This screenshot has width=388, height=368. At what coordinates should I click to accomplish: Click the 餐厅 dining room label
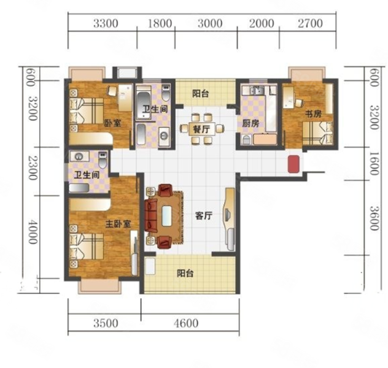[201, 129]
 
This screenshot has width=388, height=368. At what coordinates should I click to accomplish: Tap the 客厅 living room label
[204, 216]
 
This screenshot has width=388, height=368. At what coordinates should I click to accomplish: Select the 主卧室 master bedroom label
[118, 224]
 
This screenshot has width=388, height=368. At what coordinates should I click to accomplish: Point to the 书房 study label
[313, 114]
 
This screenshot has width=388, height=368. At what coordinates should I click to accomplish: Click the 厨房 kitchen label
[250, 123]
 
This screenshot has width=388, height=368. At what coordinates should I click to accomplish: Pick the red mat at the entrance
[293, 164]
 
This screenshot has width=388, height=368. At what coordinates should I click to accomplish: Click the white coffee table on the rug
[167, 216]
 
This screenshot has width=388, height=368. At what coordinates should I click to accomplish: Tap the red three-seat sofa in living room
[151, 215]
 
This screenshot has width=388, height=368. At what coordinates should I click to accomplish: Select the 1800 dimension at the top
[160, 23]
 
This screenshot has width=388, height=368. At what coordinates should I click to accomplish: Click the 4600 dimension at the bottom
[186, 323]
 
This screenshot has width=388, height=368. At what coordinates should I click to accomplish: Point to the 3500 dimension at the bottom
[106, 323]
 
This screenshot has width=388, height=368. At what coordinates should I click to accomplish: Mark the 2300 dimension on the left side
[33, 167]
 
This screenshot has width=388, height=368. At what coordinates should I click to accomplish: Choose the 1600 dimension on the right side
[374, 164]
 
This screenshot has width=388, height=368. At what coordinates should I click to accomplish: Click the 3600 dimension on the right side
[374, 218]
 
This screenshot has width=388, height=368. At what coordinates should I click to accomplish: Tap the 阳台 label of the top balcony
[201, 94]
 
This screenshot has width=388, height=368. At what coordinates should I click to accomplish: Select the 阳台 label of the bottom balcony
[185, 274]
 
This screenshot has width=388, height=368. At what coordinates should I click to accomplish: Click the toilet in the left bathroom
[103, 159]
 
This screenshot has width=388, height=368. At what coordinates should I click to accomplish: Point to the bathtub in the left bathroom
[79, 188]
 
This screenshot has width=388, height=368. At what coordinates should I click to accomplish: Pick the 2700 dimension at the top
[310, 23]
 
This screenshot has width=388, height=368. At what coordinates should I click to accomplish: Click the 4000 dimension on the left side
[33, 232]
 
